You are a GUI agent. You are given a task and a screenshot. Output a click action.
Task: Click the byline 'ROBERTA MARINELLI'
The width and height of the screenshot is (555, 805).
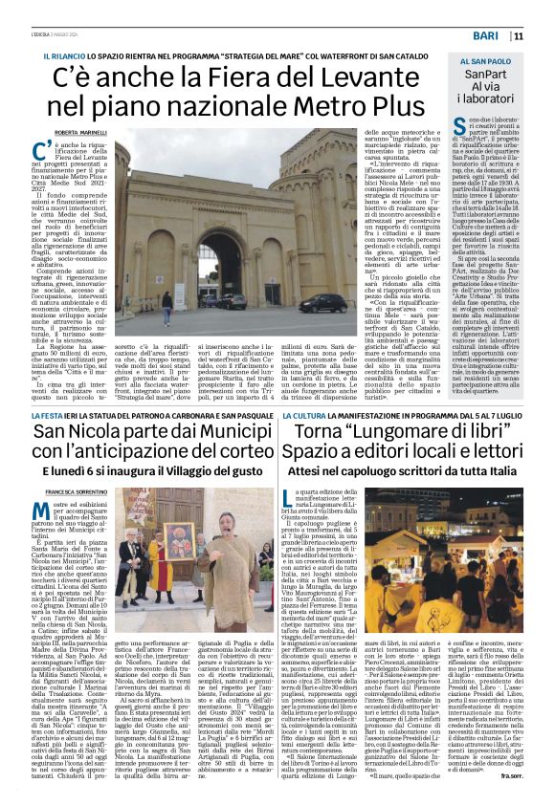pyautogui.click(x=79, y=132)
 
